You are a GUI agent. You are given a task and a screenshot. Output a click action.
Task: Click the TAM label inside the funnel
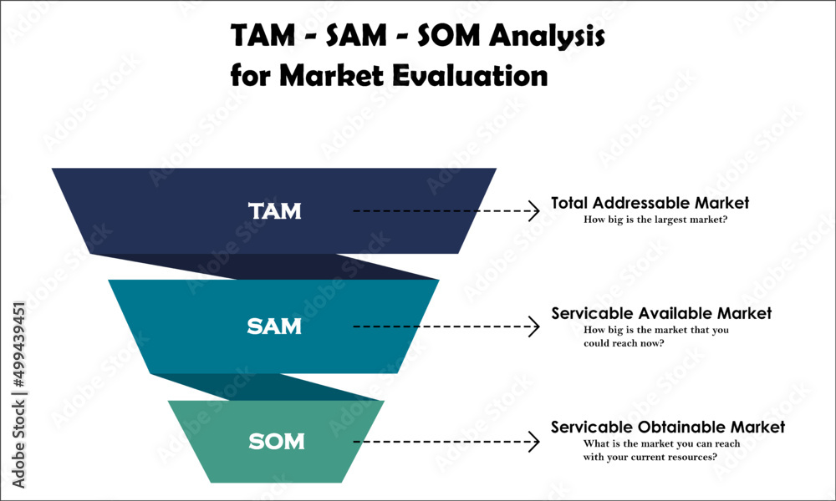pyautogui.click(x=274, y=211)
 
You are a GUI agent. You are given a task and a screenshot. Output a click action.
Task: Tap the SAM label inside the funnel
pyautogui.click(x=274, y=326)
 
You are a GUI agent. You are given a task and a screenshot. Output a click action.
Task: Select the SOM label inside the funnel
pyautogui.click(x=276, y=441)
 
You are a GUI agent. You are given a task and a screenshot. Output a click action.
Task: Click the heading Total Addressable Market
pyautogui.click(x=650, y=203)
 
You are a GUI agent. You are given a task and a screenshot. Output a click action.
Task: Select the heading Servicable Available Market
pyautogui.click(x=661, y=314)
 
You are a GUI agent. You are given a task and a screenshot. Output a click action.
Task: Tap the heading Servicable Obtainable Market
pyautogui.click(x=668, y=428)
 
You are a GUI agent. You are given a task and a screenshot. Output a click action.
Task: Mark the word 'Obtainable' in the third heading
pyautogui.click(x=686, y=428)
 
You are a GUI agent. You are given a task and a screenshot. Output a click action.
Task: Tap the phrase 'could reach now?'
pyautogui.click(x=624, y=343)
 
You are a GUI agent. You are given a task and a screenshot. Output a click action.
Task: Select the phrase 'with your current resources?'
pyautogui.click(x=650, y=457)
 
